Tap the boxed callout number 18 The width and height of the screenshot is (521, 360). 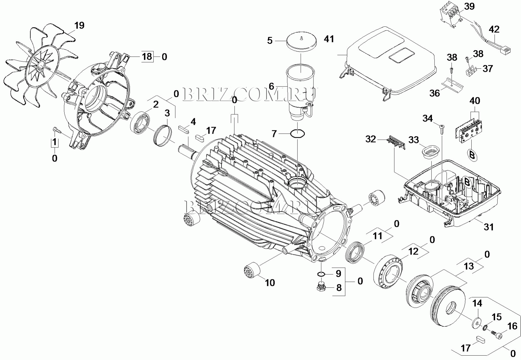coord(147,57)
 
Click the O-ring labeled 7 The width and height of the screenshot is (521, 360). coord(298,134)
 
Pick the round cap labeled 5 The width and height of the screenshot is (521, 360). coord(301,41)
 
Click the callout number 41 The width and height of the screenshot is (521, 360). coord(329,39)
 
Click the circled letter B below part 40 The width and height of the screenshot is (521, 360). coord(472,155)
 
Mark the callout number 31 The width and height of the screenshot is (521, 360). coord(489,227)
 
